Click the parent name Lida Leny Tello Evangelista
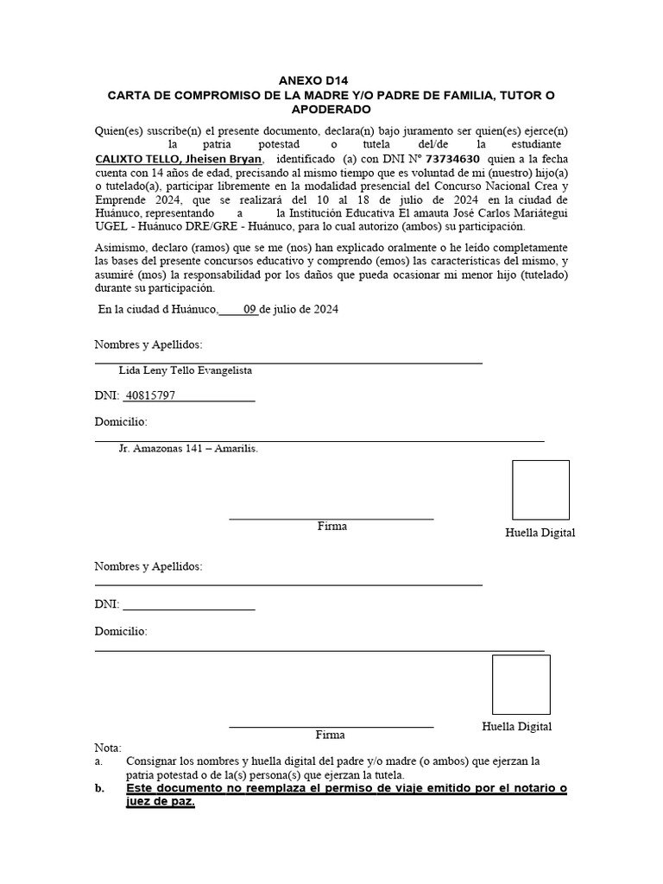click(186, 369)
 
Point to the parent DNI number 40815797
click(150, 395)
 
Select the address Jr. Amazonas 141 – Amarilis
click(188, 448)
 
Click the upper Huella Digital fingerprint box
click(540, 489)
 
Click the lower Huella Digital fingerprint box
click(521, 684)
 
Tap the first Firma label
click(331, 526)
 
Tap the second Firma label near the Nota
click(330, 735)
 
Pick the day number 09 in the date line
click(250, 310)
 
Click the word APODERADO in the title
click(331, 110)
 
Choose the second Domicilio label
click(121, 631)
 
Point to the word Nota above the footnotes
click(108, 747)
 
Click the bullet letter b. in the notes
click(99, 788)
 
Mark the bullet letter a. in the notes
click(98, 761)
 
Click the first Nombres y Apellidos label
click(148, 344)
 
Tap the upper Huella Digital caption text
click(540, 533)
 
